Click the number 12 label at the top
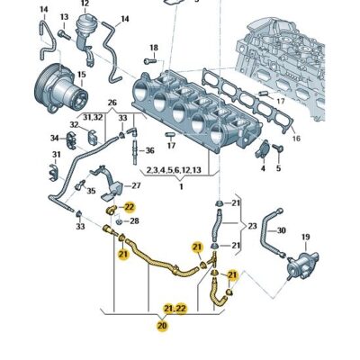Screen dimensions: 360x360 click(x=85, y=4)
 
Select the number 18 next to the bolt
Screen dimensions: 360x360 click(x=153, y=47)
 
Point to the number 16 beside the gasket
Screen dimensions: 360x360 click(x=298, y=140)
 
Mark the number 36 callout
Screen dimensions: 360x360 click(x=149, y=150)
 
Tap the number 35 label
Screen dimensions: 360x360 click(x=90, y=189)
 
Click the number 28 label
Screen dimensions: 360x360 click(x=134, y=220)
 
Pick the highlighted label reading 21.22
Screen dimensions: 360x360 click(x=175, y=308)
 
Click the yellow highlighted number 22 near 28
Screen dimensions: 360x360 click(x=129, y=207)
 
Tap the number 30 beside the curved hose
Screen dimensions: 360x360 click(x=281, y=230)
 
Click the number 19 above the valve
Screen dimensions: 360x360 click(x=305, y=238)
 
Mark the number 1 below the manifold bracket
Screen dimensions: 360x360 click(x=180, y=187)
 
